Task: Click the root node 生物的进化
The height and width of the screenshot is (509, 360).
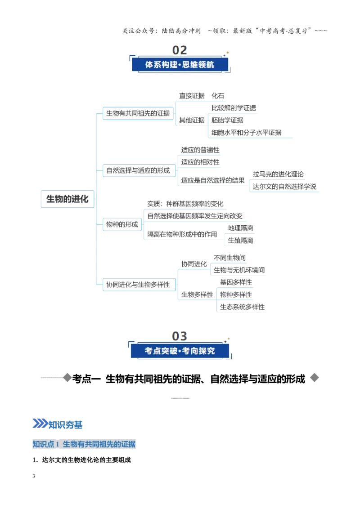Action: click(67, 199)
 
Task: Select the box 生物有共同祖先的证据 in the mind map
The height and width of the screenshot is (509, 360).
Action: click(138, 113)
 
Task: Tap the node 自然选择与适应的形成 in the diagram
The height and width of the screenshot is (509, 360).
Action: click(139, 170)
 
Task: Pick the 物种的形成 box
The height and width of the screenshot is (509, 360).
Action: click(122, 224)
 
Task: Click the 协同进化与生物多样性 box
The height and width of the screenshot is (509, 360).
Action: click(139, 285)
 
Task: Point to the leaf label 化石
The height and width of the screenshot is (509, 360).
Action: click(218, 96)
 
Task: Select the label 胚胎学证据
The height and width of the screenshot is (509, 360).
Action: click(227, 121)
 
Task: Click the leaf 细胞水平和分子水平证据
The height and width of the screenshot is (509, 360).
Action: click(246, 133)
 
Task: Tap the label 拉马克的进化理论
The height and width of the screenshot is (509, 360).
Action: click(278, 174)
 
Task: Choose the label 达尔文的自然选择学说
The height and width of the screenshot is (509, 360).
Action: click(284, 187)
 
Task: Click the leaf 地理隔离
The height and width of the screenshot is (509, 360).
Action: click(240, 228)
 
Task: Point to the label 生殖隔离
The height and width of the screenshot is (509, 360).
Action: click(240, 241)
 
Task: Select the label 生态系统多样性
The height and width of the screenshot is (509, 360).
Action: click(242, 307)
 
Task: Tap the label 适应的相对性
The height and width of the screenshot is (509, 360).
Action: click(200, 162)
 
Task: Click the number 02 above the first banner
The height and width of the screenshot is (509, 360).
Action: click(180, 50)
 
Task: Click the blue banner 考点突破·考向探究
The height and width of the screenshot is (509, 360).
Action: click(180, 351)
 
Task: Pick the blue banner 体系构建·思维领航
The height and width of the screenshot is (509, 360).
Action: click(180, 65)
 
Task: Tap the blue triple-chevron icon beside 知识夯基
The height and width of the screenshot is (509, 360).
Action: click(40, 424)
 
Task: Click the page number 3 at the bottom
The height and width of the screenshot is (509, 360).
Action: click(34, 476)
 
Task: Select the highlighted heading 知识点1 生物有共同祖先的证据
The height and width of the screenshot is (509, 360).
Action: click(84, 444)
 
